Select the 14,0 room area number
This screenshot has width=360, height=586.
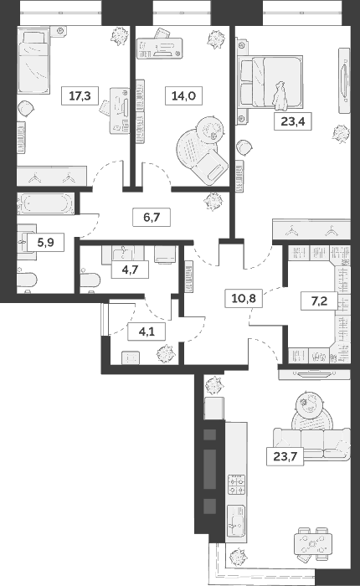tap(180, 96)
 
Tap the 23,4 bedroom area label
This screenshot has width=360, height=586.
tap(290, 121)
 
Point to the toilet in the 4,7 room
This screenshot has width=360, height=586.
tap(89, 282)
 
